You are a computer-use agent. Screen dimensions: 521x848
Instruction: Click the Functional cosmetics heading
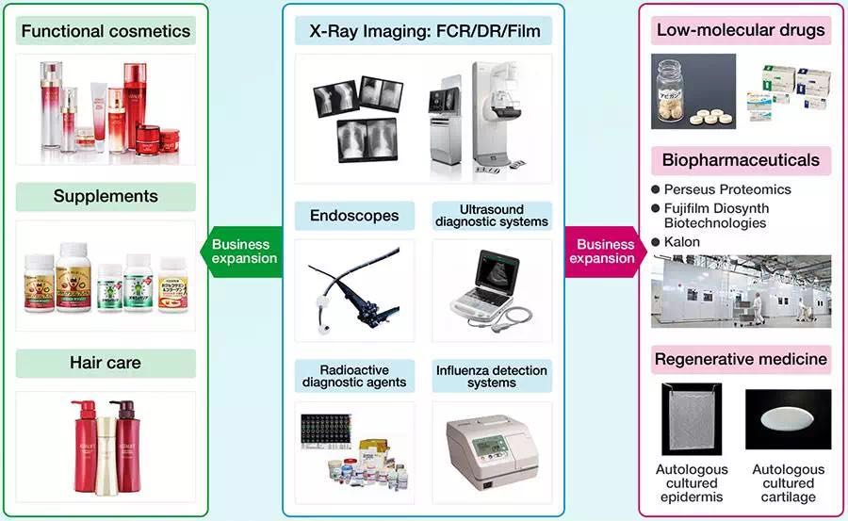pos(106,31)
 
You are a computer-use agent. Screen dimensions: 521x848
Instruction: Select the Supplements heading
pos(106,197)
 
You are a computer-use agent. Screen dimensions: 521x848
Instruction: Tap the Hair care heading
pos(106,364)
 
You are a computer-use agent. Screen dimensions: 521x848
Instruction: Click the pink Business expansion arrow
pos(604,252)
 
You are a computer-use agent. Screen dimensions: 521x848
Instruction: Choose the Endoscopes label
pos(354,216)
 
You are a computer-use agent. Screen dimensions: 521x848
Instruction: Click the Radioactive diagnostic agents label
pos(354,375)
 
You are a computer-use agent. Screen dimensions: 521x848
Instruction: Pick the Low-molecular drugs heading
pos(741,30)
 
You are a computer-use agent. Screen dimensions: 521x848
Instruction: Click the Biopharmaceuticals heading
pos(741,160)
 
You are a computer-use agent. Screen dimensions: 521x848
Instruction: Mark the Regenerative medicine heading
pos(741,359)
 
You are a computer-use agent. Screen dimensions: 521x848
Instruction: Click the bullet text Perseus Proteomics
pos(727,189)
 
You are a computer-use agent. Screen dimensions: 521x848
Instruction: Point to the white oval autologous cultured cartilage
pos(789,420)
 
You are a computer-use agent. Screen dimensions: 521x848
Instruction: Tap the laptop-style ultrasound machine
pos(490,283)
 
